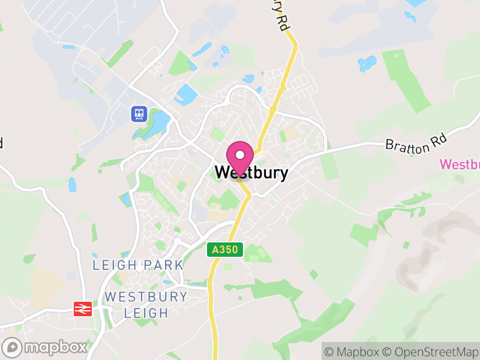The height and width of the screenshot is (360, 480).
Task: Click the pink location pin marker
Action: (x=240, y=157)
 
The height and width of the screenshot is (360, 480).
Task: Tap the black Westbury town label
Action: (x=251, y=173)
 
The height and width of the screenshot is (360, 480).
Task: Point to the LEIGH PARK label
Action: (x=138, y=265)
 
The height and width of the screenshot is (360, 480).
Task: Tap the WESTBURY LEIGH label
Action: (x=146, y=304)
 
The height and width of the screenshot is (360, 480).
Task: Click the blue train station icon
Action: (x=139, y=113)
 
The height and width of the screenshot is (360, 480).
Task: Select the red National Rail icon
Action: (x=81, y=308)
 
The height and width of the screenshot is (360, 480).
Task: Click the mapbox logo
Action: (x=45, y=347)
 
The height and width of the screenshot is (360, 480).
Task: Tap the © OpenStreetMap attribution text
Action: (x=430, y=352)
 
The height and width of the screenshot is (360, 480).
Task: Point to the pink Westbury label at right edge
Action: (x=460, y=164)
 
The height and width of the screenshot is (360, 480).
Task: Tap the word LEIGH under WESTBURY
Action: (x=146, y=313)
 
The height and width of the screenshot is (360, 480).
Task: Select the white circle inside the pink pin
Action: (x=240, y=154)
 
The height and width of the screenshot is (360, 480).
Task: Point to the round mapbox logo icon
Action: (x=12, y=347)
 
